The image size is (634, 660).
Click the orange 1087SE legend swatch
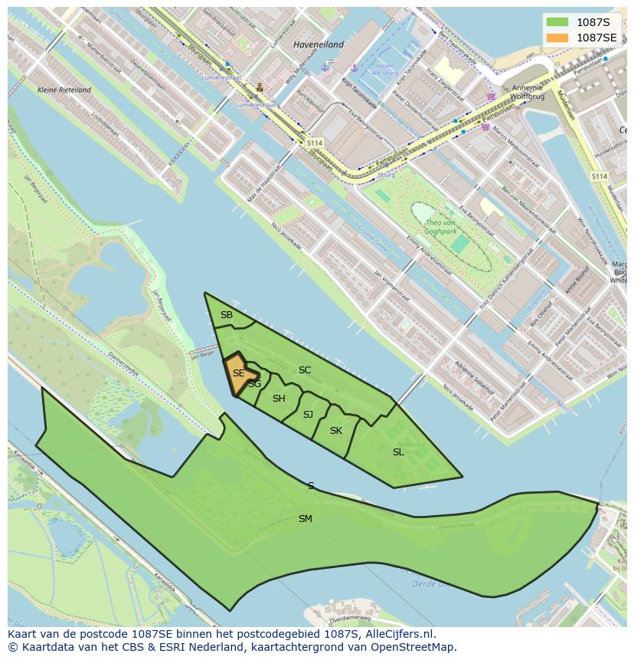point(557,38)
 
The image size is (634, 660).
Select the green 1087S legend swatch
point(557,21)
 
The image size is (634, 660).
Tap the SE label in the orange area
point(238,373)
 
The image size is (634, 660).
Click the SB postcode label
point(227,315)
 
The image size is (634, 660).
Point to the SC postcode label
point(305,370)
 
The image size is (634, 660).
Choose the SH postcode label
point(279,398)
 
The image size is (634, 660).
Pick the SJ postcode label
point(308,414)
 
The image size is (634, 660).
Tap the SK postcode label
point(335,431)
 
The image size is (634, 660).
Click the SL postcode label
point(398,452)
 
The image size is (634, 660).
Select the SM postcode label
point(305,519)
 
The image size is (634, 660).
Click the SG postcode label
point(255,384)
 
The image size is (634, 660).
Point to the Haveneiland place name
point(319,44)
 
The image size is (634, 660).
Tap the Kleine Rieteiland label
point(64,90)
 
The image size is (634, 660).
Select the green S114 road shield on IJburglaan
point(315,143)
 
